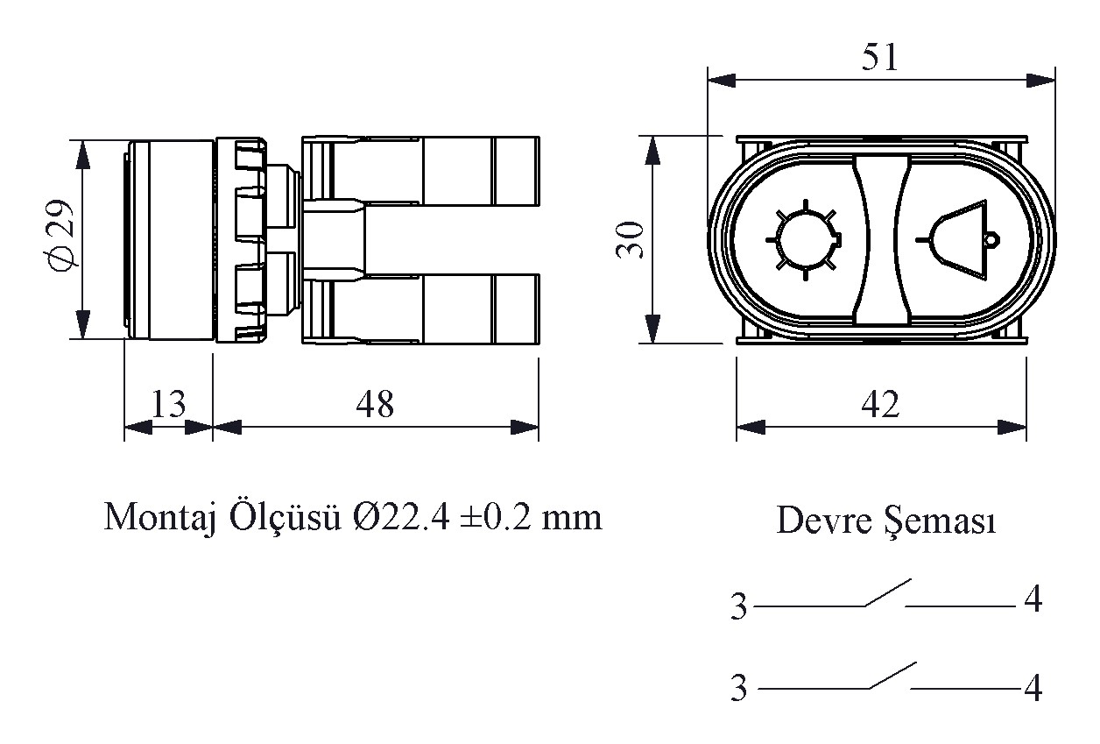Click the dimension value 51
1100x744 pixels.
tap(879, 58)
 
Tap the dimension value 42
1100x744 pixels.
tap(880, 405)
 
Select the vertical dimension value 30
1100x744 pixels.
tap(630, 240)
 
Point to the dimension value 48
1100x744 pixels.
tap(375, 405)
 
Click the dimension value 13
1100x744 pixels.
tap(168, 404)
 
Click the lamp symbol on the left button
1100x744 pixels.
tap(804, 240)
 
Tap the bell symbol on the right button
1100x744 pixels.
tap(958, 240)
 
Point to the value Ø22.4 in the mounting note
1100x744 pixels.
tap(401, 518)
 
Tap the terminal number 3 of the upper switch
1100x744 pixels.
tap(738, 606)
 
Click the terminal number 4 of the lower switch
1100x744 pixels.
tap(1033, 688)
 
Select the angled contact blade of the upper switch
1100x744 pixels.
tap(888, 592)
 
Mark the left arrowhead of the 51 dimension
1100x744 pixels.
tap(722, 81)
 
